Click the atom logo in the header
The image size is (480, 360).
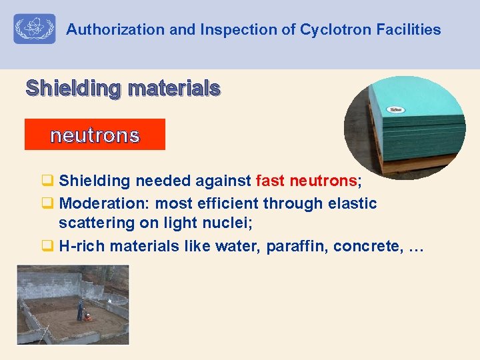pyautogui.click(x=35, y=29)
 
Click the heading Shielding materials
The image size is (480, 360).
pyautogui.click(x=123, y=87)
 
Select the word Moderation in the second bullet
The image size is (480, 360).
pyautogui.click(x=96, y=203)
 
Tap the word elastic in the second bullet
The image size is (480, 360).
pyautogui.click(x=352, y=203)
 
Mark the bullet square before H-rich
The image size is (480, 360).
pyautogui.click(x=47, y=247)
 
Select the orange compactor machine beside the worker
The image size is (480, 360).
pyautogui.click(x=87, y=318)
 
